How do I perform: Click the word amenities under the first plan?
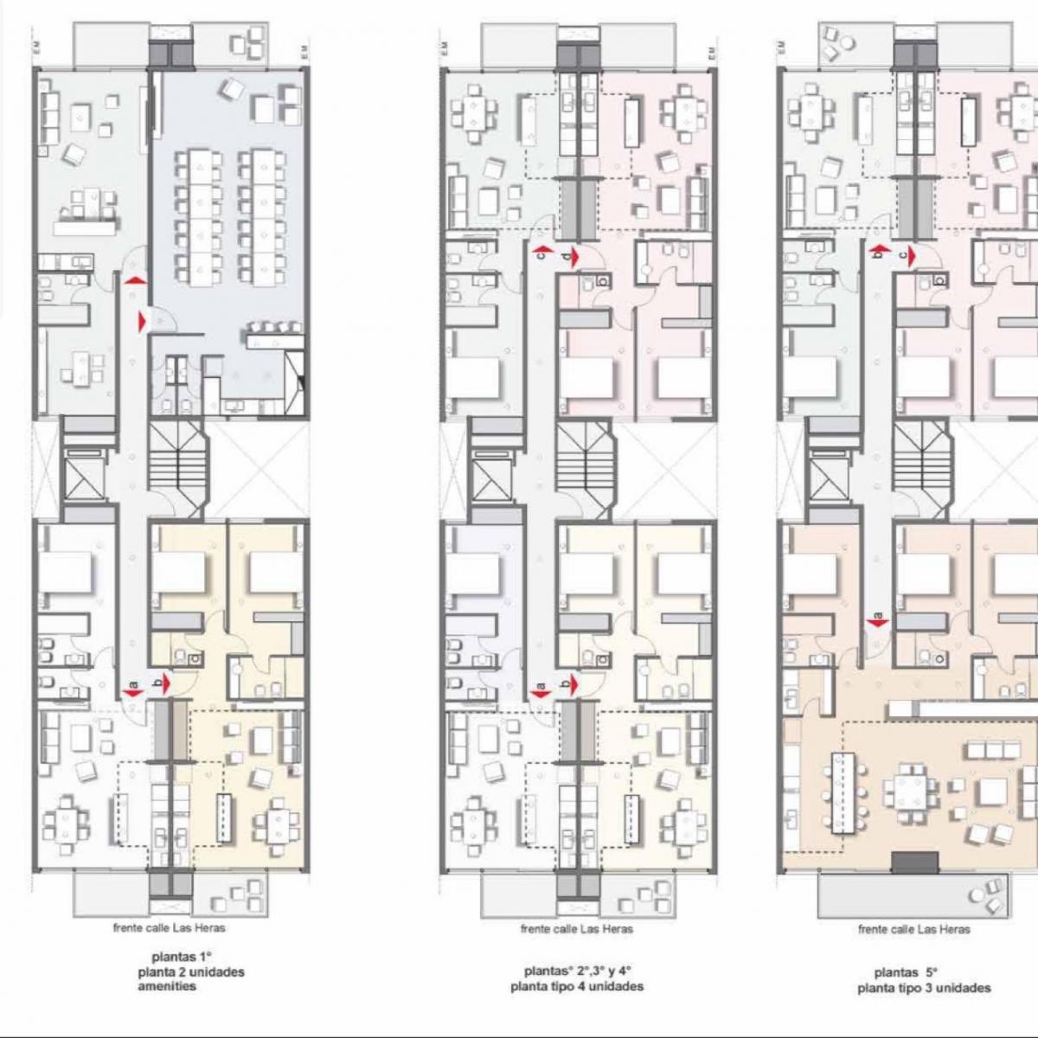(166, 987)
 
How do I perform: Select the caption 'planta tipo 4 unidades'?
(577, 986)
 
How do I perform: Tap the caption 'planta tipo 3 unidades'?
(924, 988)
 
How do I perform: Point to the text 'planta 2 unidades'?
(190, 972)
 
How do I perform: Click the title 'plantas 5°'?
(906, 972)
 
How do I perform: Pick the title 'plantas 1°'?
(182, 958)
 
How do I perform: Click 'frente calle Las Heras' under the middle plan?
(576, 929)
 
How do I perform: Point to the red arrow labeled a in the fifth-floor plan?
(877, 621)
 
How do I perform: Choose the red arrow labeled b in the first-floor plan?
(163, 683)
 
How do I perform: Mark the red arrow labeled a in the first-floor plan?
(132, 691)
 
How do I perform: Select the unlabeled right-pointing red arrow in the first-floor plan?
(142, 322)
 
